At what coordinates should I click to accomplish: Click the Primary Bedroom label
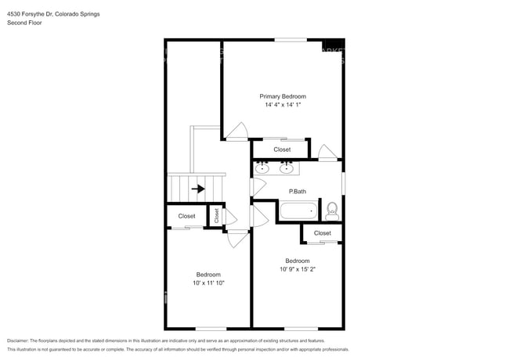pyautogui.click(x=283, y=96)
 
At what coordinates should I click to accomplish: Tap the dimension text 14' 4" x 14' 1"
pyautogui.click(x=283, y=105)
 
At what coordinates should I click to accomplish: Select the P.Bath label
pyautogui.click(x=297, y=192)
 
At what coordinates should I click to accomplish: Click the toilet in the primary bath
pyautogui.click(x=331, y=210)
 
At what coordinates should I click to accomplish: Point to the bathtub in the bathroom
pyautogui.click(x=298, y=211)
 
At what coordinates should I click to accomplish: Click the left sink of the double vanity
pyautogui.click(x=264, y=167)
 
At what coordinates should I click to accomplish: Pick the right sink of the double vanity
pyautogui.click(x=287, y=167)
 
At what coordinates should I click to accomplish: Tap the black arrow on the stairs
pyautogui.click(x=199, y=189)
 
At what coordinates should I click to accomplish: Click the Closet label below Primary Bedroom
pyautogui.click(x=282, y=149)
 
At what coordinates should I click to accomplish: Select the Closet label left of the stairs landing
pyautogui.click(x=186, y=216)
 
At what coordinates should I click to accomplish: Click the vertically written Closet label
pyautogui.click(x=217, y=216)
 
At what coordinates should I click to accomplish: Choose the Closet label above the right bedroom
pyautogui.click(x=323, y=233)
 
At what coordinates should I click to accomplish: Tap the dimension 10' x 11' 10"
pyautogui.click(x=208, y=283)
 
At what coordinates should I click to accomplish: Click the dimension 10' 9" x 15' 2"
pyautogui.click(x=298, y=269)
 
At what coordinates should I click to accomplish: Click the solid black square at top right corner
pyautogui.click(x=334, y=44)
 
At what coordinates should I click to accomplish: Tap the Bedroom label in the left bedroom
pyautogui.click(x=208, y=275)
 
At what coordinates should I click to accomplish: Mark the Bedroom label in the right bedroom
pyautogui.click(x=298, y=261)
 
